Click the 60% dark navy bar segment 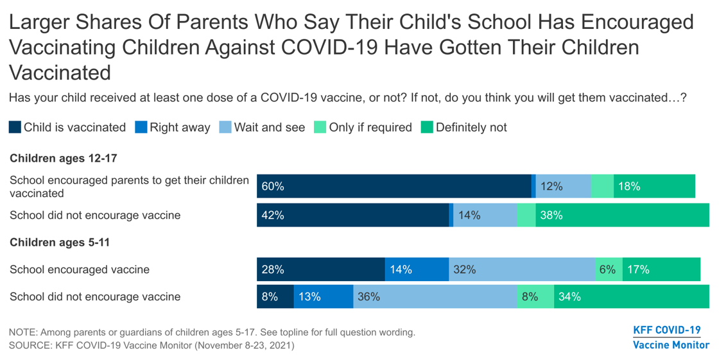394,187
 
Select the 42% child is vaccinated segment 352,216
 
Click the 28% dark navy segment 320,270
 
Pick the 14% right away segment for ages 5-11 416,270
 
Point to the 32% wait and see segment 521,270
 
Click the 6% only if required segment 609,270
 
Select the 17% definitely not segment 661,270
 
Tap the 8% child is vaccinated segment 275,296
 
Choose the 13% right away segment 323,296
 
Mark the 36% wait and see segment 435,296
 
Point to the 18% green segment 654,187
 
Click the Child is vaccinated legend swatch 15,127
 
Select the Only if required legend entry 363,127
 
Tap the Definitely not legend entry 463,127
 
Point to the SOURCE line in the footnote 152,345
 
